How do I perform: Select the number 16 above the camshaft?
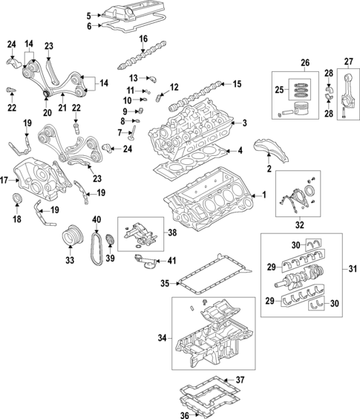[143, 39]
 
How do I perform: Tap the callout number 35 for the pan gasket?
[164, 283]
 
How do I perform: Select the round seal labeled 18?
[20, 199]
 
